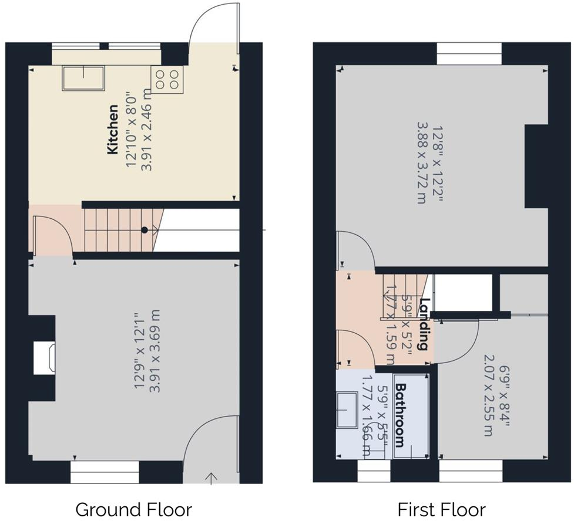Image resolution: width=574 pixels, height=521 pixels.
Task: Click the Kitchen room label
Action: tap(113, 130)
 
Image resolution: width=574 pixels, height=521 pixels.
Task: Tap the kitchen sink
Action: tap(83, 78)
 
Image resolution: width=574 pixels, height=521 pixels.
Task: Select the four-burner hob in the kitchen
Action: tap(167, 79)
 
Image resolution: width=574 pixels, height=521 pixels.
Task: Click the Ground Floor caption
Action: tap(133, 509)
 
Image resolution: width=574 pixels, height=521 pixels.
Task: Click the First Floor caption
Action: tap(442, 509)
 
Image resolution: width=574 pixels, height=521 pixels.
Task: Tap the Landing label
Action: tap(427, 324)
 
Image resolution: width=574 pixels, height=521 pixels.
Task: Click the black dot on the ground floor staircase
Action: tap(144, 230)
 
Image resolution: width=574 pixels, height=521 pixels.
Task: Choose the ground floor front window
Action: tap(105, 471)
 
